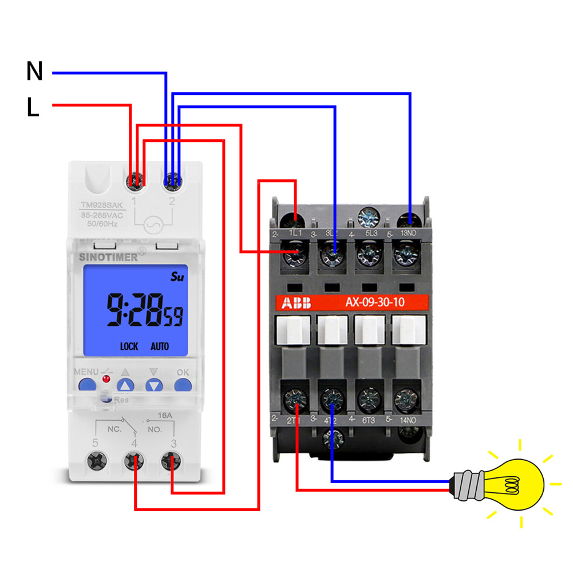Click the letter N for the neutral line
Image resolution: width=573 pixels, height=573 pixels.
click(34, 72)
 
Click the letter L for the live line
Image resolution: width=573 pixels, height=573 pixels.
click(33, 108)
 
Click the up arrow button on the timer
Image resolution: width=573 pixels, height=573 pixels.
click(126, 385)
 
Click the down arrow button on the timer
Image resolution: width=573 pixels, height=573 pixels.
click(153, 385)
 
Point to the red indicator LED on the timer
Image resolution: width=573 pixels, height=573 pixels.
click(105, 379)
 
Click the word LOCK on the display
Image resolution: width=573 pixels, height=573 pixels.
click(129, 346)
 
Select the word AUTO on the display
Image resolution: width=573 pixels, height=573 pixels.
click(160, 346)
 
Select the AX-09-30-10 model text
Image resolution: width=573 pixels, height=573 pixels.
click(374, 302)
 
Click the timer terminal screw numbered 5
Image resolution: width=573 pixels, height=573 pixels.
click(94, 461)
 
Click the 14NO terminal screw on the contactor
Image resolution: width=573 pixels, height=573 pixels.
click(405, 397)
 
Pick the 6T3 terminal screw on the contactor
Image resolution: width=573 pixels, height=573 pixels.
click(367, 397)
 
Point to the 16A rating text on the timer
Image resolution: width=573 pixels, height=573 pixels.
click(164, 414)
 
